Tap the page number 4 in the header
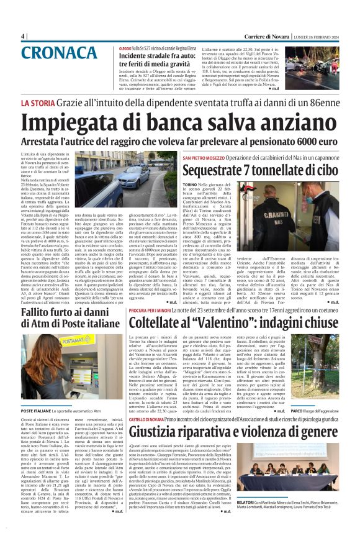click(23, 36)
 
